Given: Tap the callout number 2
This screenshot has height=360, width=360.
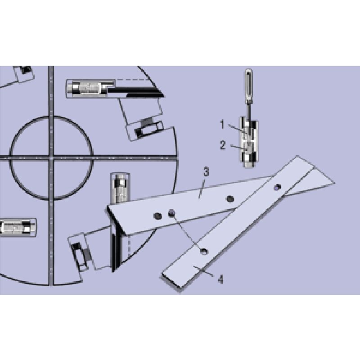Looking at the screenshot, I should (222, 144).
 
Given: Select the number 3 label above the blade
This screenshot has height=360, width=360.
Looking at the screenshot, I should (206, 171).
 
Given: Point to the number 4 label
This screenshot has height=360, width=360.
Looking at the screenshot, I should (220, 279).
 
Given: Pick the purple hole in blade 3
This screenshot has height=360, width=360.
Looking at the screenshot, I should (171, 213).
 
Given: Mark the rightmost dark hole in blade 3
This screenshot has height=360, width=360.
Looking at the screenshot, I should (230, 199).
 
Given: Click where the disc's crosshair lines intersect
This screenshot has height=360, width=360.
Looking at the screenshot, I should (51, 157).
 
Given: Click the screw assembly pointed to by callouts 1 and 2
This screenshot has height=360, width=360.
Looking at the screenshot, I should (247, 142).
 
